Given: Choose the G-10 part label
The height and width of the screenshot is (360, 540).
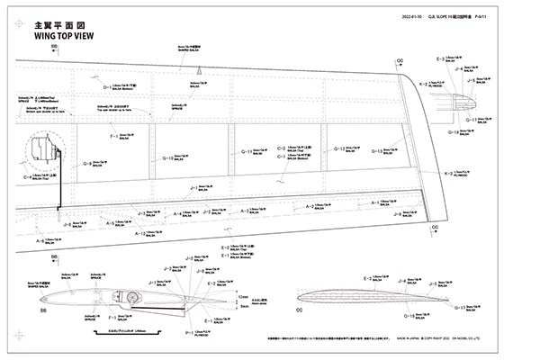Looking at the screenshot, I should point(168,159).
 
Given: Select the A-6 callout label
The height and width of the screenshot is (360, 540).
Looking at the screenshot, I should point(40,241).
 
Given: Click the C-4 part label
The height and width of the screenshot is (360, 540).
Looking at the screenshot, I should point(28,178).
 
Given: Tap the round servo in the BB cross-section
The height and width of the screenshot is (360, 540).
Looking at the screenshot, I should point(132,297).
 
